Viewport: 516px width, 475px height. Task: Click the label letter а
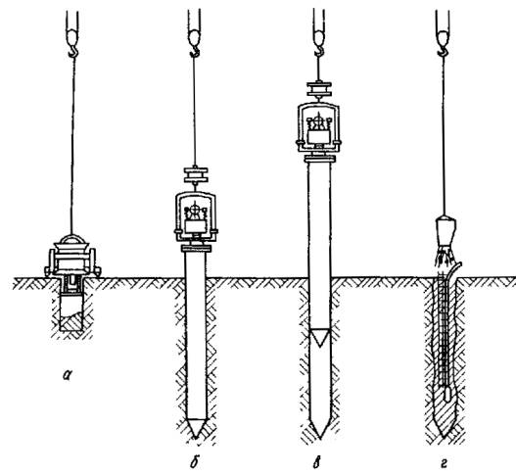68,374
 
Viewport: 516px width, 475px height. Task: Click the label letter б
195,462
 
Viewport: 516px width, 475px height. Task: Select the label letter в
316,463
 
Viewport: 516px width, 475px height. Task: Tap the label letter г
444,464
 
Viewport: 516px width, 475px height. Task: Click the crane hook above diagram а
73,50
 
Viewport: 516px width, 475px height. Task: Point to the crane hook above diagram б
195,50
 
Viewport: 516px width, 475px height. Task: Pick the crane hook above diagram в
319,50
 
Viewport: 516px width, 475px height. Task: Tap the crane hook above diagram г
443,50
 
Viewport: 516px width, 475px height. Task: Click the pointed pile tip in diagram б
196,429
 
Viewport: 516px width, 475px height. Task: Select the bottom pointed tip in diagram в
319,429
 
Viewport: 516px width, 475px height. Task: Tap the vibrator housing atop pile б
196,216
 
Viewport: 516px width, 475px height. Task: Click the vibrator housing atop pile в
318,127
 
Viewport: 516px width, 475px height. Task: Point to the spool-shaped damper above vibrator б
196,174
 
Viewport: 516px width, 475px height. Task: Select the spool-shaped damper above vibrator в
319,88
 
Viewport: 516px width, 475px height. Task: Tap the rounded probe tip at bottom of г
447,394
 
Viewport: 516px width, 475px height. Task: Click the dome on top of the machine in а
72,239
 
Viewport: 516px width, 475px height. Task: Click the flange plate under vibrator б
196,249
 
